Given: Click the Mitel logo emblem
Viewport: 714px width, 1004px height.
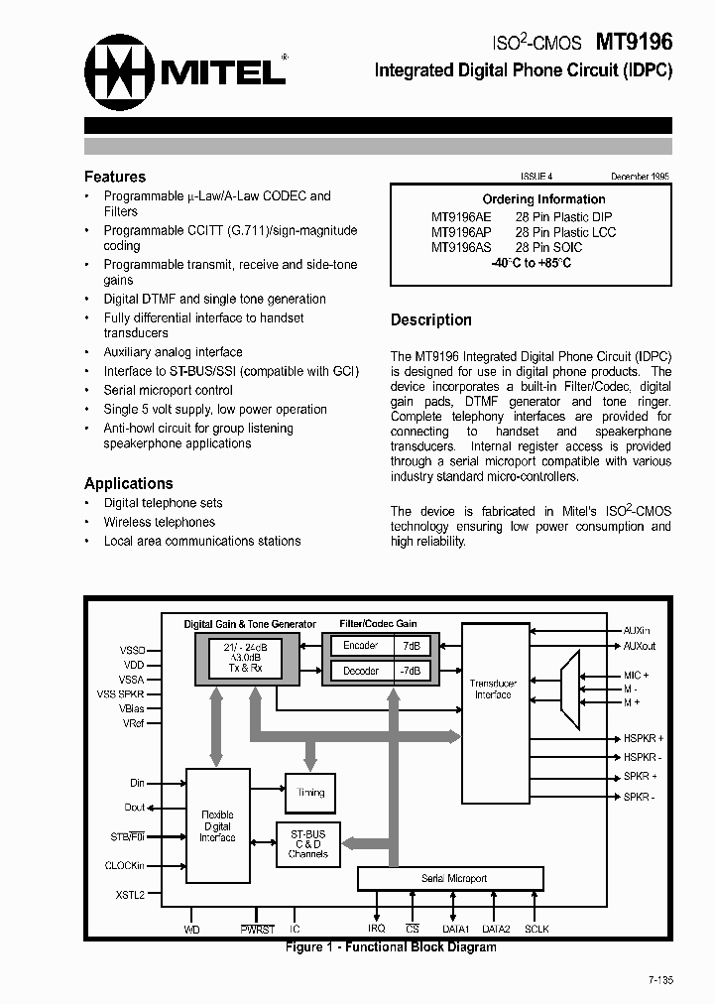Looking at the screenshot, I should (x=120, y=71).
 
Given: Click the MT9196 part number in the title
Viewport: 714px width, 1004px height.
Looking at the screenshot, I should (x=633, y=43).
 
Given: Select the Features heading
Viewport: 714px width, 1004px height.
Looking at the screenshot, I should (x=115, y=177).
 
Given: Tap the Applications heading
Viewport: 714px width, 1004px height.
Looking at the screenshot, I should (x=128, y=483).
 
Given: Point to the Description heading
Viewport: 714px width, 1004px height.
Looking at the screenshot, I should (x=430, y=319).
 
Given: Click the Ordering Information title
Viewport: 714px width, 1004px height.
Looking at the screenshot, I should (x=543, y=199).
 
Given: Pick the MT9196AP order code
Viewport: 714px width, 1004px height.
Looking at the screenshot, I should (x=461, y=232).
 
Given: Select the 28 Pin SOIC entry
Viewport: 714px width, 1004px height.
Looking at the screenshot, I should (x=548, y=247).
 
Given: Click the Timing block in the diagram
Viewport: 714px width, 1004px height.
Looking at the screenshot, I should (x=310, y=793).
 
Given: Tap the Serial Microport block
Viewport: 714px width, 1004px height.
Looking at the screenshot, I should (x=449, y=878).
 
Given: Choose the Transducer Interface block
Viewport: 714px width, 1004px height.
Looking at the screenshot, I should (x=493, y=689).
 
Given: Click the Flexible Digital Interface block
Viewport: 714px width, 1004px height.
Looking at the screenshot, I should (x=217, y=825).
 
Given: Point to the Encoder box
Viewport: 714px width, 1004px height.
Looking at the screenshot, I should (x=360, y=646).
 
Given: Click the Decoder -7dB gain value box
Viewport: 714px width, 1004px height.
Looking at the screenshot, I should (x=411, y=671).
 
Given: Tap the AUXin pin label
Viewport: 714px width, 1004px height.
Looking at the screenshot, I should (x=638, y=630).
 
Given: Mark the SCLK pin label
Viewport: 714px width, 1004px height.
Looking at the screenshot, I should (x=536, y=929).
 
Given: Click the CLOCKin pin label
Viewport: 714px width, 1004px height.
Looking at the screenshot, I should (x=125, y=865).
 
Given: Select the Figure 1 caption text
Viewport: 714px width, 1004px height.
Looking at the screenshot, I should (x=391, y=946).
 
